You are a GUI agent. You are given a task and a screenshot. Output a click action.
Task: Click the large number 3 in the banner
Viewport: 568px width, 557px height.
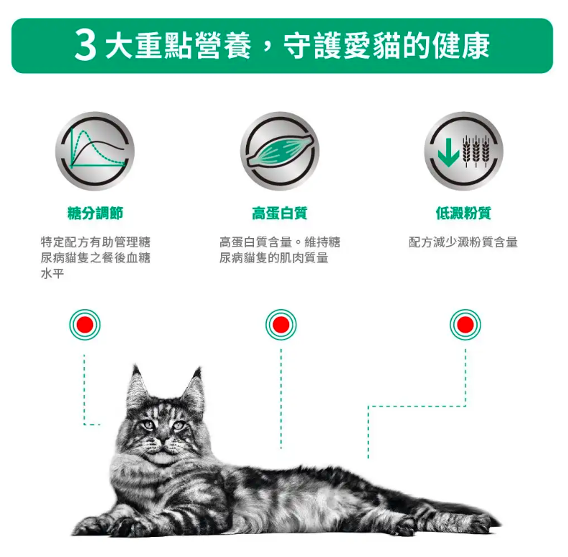click(x=85, y=46)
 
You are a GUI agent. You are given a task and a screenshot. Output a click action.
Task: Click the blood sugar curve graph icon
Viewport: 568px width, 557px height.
click(x=95, y=151)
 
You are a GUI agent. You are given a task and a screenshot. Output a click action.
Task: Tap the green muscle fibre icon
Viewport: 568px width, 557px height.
click(x=280, y=151)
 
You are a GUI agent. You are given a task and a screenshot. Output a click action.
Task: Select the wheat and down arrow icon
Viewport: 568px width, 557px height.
click(x=464, y=151)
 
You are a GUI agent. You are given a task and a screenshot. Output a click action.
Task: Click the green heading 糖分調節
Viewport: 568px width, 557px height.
click(x=95, y=214)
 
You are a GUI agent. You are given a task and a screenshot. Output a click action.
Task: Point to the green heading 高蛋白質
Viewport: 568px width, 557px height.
click(x=280, y=214)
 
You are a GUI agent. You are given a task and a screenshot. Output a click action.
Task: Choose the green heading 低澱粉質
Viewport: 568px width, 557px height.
click(x=464, y=214)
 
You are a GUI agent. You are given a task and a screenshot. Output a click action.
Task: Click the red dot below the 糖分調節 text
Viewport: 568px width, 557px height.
click(x=85, y=325)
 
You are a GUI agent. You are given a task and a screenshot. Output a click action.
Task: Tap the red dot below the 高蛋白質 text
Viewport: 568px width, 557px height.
click(x=280, y=325)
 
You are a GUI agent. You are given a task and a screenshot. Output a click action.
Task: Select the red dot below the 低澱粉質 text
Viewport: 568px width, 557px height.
click(x=465, y=325)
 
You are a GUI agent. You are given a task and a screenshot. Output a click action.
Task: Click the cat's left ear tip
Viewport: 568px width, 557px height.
click(x=136, y=366)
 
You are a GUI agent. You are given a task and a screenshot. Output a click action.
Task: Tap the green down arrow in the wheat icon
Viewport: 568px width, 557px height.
click(x=448, y=152)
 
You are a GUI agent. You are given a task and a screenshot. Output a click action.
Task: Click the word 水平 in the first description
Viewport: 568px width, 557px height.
click(x=52, y=273)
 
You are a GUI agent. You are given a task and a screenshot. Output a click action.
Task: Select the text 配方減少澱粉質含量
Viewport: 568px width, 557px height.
click(x=463, y=242)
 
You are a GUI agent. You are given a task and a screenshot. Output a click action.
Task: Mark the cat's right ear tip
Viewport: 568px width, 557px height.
click(x=198, y=369)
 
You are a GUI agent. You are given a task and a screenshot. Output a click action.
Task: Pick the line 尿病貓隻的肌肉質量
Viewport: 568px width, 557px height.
click(x=274, y=258)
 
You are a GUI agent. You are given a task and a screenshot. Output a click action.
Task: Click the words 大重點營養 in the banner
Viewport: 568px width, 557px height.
click(x=179, y=46)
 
